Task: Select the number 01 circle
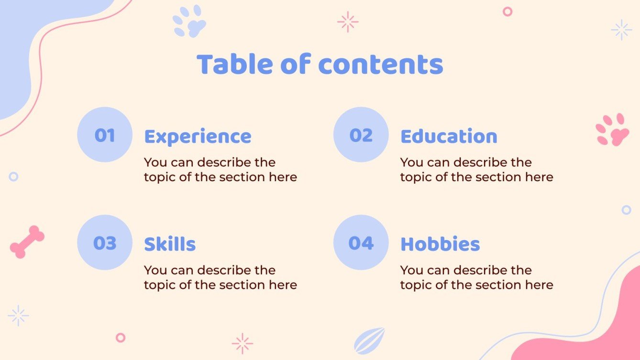tap(104, 135)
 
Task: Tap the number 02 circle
tap(361, 135)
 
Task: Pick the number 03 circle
tap(104, 242)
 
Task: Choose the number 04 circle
tap(361, 242)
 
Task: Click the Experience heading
tap(198, 137)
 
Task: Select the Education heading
tap(449, 137)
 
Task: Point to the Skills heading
tap(170, 244)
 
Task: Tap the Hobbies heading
tap(440, 244)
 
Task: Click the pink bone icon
tap(27, 242)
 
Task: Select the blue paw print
tap(189, 22)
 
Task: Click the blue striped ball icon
tap(369, 340)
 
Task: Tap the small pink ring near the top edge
tap(508, 11)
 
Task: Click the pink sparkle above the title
tap(348, 22)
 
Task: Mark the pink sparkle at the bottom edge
tap(242, 343)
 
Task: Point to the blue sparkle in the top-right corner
tap(621, 30)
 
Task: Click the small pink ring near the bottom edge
tap(121, 338)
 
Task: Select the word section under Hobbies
tap(497, 285)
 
